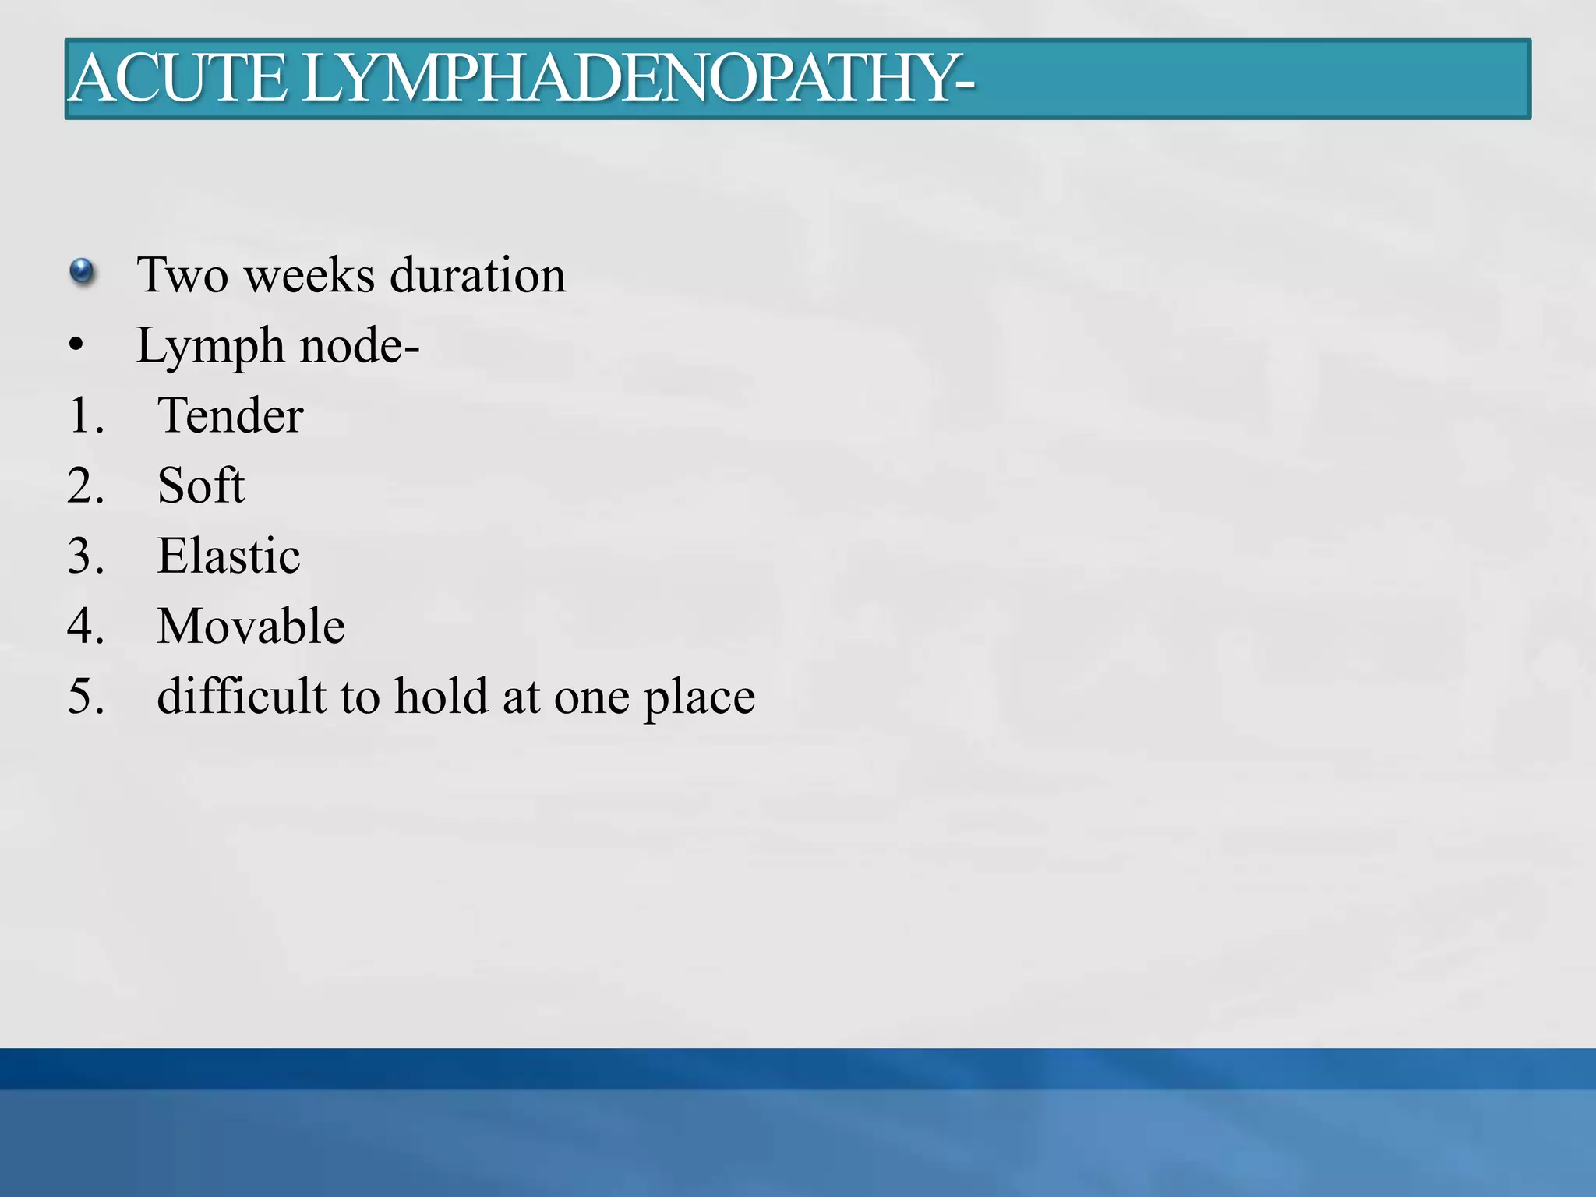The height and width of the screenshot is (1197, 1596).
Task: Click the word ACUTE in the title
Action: tap(178, 79)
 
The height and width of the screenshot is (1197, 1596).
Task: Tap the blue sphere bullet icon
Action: tap(82, 272)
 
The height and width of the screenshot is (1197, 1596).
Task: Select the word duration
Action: tap(477, 275)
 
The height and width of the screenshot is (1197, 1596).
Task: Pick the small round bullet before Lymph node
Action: tap(76, 345)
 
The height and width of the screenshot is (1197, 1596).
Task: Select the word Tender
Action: tap(230, 415)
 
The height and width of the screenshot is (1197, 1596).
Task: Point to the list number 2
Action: tap(85, 486)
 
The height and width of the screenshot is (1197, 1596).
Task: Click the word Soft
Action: tap(201, 486)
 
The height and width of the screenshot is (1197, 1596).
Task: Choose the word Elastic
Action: tap(228, 556)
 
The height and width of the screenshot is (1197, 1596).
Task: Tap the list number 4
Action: tap(85, 626)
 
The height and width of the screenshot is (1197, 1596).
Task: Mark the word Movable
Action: tap(251, 626)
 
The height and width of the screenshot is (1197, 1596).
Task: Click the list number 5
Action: tap(85, 696)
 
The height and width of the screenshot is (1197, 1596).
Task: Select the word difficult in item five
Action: tap(241, 696)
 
